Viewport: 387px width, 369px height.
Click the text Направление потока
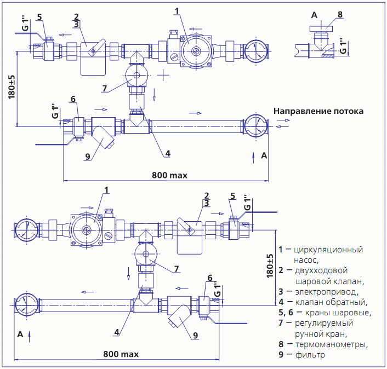tap(318, 111)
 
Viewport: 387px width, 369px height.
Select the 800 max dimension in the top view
tap(169, 175)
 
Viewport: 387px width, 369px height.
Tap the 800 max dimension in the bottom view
tap(121, 354)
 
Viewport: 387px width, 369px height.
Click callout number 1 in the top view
tap(176, 10)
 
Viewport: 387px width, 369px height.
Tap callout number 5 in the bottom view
tap(232, 195)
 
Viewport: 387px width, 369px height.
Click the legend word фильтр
tap(310, 355)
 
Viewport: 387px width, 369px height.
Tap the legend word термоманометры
tap(331, 344)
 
